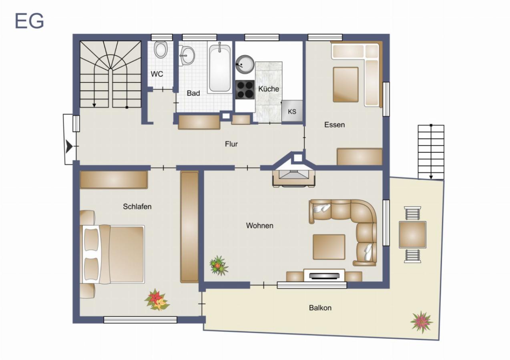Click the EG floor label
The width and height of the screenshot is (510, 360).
pyautogui.click(x=29, y=21)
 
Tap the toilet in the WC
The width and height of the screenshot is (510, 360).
pyautogui.click(x=161, y=50)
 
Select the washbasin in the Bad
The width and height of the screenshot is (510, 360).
pyautogui.click(x=187, y=55)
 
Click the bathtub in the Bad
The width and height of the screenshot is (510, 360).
pyautogui.click(x=219, y=68)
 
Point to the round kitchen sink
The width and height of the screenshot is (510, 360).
pyautogui.click(x=244, y=64)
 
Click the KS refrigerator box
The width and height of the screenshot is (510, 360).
pyautogui.click(x=292, y=111)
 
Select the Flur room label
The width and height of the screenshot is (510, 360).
pyautogui.click(x=231, y=144)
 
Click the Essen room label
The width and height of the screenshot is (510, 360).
pyautogui.click(x=334, y=125)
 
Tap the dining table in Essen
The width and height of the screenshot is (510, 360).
pyautogui.click(x=345, y=84)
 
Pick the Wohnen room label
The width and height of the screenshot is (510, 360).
pyautogui.click(x=259, y=226)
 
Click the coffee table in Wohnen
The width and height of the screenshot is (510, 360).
pyautogui.click(x=329, y=247)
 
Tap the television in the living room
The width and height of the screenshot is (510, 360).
pyautogui.click(x=324, y=276)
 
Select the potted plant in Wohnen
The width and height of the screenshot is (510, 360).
pyautogui.click(x=218, y=265)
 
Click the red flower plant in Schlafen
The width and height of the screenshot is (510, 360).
pyautogui.click(x=157, y=300)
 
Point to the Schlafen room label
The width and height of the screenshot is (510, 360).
pyautogui.click(x=137, y=207)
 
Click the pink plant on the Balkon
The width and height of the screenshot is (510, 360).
pyautogui.click(x=421, y=322)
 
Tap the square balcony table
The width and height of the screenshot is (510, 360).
pyautogui.click(x=412, y=235)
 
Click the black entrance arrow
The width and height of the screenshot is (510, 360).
pyautogui.click(x=69, y=147)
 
